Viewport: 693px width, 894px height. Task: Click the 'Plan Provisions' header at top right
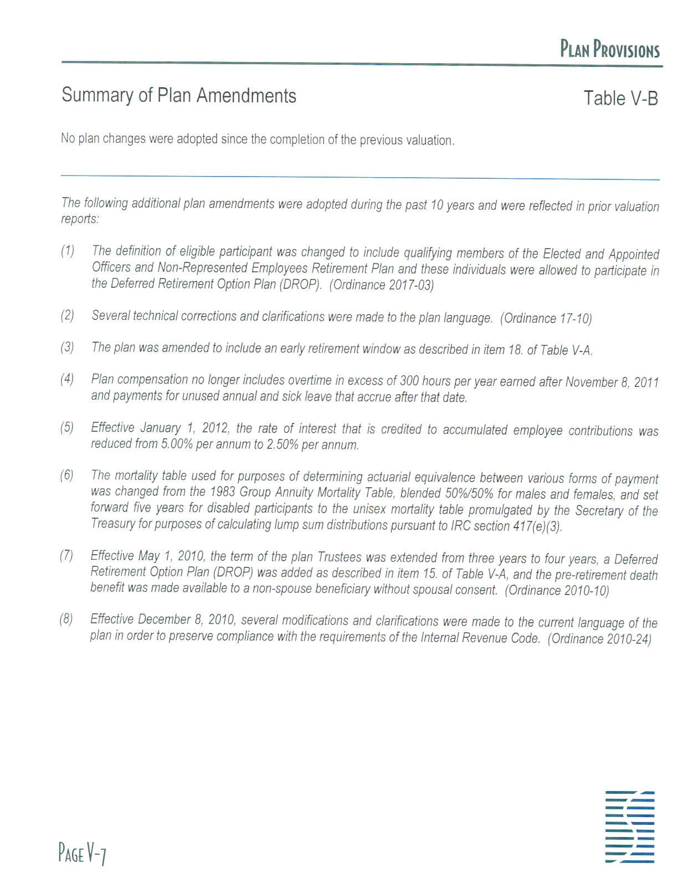(609, 50)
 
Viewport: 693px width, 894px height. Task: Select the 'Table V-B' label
(620, 99)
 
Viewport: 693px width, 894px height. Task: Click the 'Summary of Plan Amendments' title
(179, 96)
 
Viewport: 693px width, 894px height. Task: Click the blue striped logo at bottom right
(630, 827)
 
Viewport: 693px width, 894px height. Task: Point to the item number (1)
(68, 251)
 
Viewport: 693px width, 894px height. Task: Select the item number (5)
(67, 427)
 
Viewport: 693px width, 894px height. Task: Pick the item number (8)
(66, 619)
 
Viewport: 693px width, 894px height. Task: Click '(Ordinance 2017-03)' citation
(382, 286)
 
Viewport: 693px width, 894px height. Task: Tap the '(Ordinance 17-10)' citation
(546, 318)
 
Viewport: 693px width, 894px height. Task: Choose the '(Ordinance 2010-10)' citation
(557, 591)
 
